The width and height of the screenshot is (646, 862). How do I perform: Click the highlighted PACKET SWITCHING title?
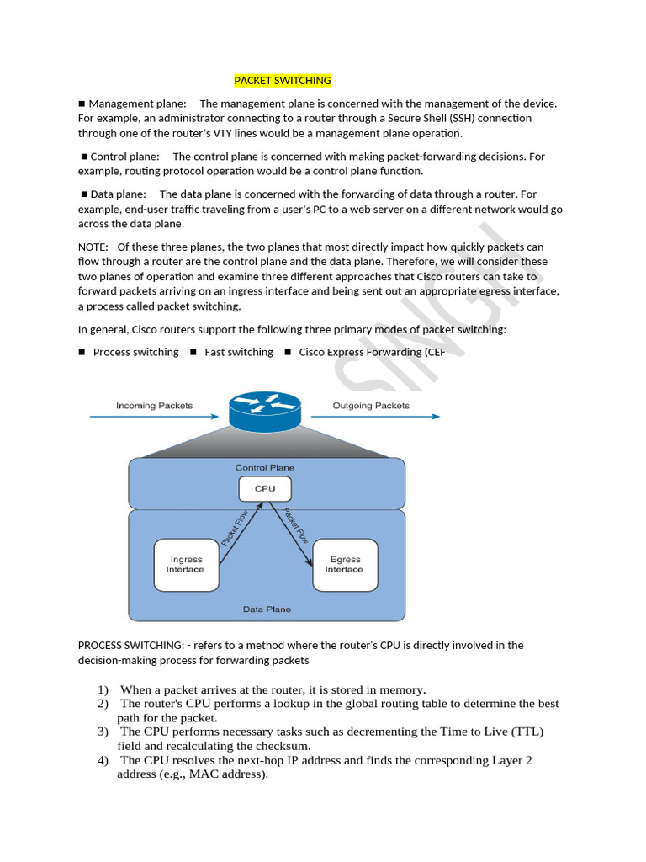282,81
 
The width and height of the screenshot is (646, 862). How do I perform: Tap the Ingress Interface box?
186,564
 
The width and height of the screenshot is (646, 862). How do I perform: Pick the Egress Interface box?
345,564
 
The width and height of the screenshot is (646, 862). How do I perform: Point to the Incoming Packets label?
154,405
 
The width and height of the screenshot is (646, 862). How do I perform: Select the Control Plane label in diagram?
264,467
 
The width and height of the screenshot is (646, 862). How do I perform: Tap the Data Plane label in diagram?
264,609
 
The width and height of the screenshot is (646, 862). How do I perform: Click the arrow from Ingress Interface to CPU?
239,527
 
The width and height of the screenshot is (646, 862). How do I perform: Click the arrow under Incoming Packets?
156,417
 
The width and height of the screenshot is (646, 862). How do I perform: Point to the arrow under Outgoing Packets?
374,417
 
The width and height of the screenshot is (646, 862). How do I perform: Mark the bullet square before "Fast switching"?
193,352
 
